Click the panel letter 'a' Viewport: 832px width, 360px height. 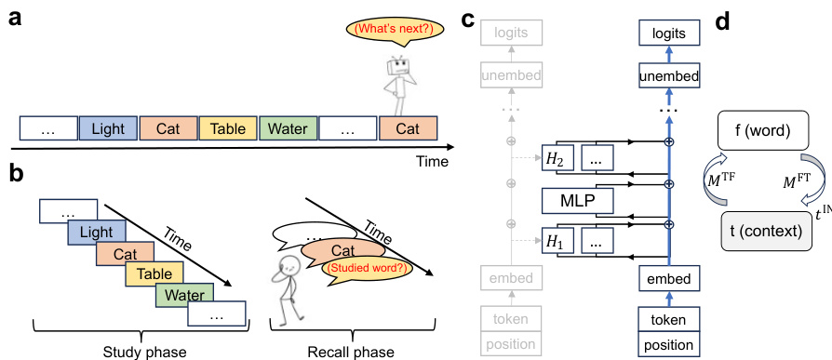[16, 18]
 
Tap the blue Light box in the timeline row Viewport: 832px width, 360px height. [108, 128]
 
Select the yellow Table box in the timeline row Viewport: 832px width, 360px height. [228, 128]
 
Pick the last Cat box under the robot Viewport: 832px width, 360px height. [408, 128]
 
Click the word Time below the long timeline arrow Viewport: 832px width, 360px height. [431, 162]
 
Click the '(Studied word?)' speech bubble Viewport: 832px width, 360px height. [356, 271]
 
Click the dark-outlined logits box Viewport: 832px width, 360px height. [667, 33]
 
